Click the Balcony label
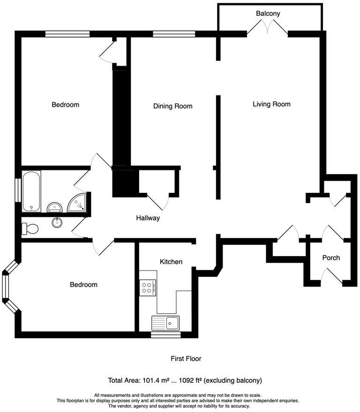click(268, 14)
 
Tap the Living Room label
click(271, 104)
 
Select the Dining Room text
click(172, 106)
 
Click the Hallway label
click(148, 218)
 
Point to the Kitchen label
click(171, 262)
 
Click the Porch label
click(331, 257)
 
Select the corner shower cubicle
click(77, 202)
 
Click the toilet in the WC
click(30, 228)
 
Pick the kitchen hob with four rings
click(148, 287)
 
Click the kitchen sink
click(165, 323)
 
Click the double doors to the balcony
click(267, 29)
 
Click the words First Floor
click(186, 359)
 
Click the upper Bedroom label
click(65, 104)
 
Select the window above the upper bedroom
click(67, 34)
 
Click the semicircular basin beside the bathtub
click(54, 206)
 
